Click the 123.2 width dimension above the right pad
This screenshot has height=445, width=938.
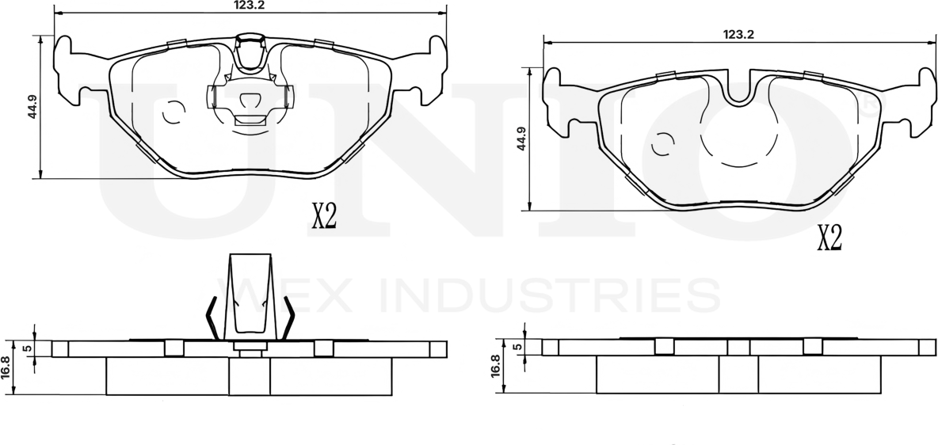(738, 35)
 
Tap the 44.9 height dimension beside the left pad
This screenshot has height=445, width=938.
(32, 106)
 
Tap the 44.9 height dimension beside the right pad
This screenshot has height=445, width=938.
(520, 139)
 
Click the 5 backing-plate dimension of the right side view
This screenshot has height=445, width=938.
(517, 347)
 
